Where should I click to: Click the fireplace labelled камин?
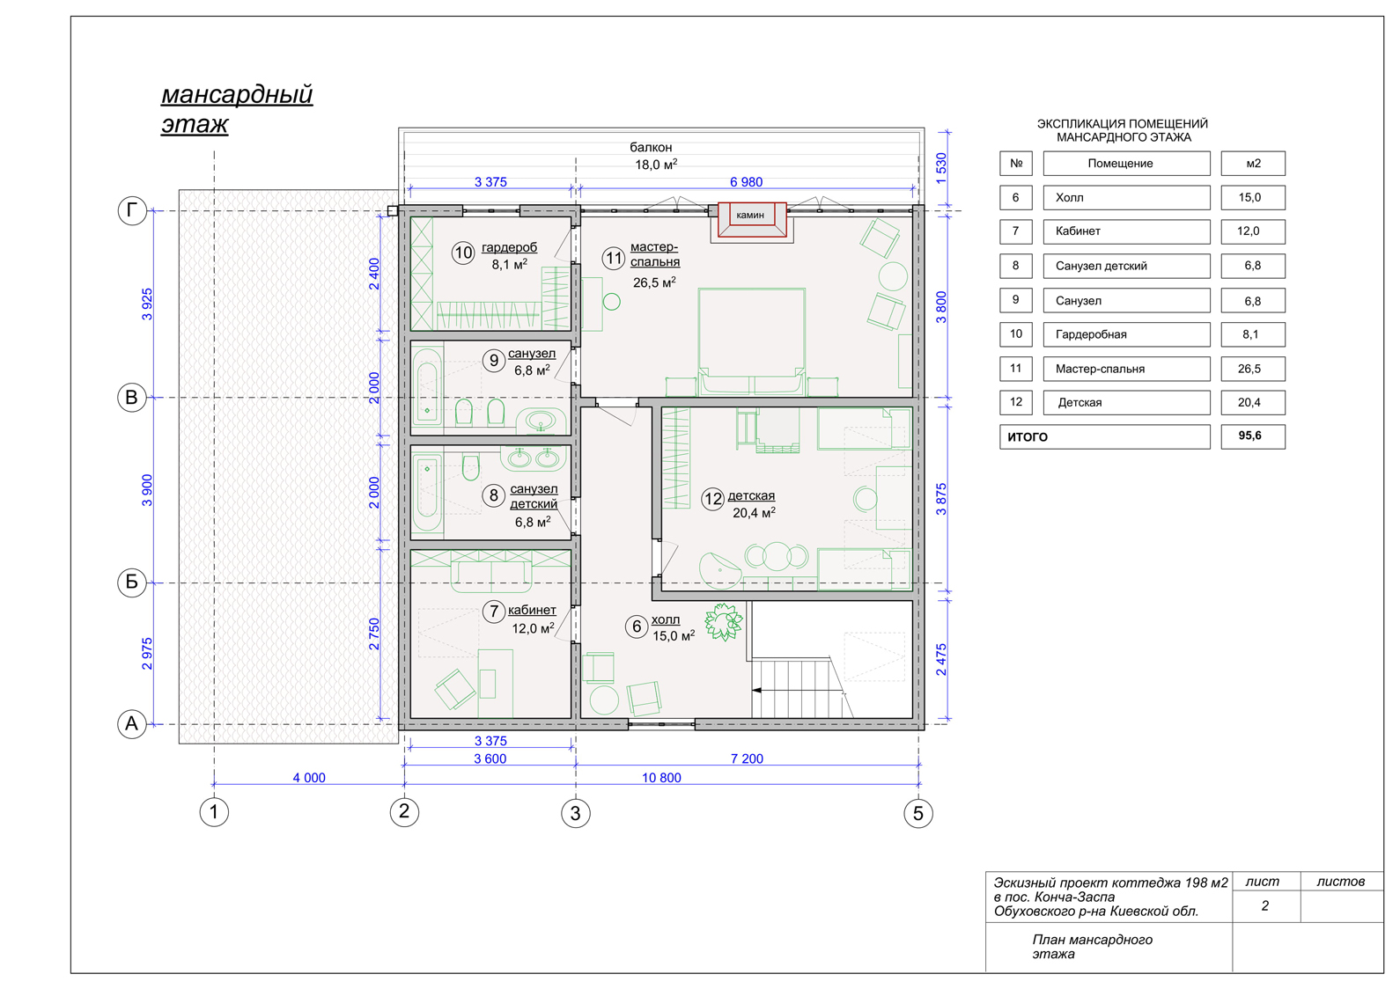[751, 220]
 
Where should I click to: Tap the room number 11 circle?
[613, 258]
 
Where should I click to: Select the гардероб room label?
[510, 247]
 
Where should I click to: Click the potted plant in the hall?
[724, 621]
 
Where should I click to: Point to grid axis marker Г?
[132, 210]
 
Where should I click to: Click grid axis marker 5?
[918, 813]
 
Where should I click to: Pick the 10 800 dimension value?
[661, 778]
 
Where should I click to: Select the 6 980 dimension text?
[747, 182]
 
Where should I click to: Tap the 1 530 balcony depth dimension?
[941, 168]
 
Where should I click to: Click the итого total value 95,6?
[1250, 436]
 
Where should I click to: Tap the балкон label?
[651, 148]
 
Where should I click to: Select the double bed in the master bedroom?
[751, 341]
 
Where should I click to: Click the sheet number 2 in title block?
[1265, 905]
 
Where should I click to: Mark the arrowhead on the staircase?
[756, 691]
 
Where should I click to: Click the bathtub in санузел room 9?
[427, 387]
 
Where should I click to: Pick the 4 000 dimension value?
[309, 778]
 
